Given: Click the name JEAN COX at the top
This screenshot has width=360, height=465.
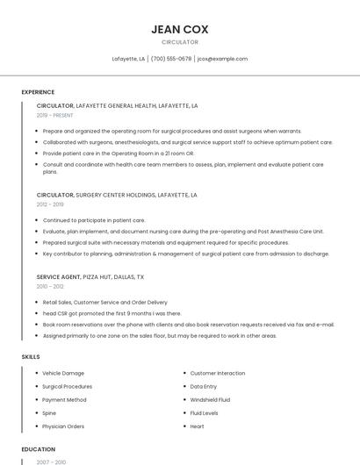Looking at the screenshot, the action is pos(179,29).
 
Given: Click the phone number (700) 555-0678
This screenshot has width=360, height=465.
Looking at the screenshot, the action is pos(170,59).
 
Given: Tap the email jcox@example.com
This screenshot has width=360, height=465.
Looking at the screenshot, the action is pos(222,59).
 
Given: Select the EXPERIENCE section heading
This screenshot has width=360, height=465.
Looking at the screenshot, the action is pos(38,92).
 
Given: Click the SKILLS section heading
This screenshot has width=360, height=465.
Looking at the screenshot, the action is pos(31,357).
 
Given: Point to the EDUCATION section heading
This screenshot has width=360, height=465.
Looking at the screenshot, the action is pos(39,449).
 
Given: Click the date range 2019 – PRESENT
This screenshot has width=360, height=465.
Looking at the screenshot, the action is pos(55,115).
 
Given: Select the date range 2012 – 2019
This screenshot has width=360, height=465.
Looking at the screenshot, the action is pos(50,204).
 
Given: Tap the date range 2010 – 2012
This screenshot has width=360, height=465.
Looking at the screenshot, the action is pos(50,286).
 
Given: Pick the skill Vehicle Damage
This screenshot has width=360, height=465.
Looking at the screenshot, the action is pos(63,373).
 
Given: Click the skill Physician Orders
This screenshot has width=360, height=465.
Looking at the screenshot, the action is pos(63,426).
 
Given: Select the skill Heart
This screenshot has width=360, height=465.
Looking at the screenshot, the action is pos(197,426).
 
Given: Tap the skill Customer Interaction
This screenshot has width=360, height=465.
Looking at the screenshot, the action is pos(218,373).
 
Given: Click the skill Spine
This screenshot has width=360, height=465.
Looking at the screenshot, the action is pos(49,413).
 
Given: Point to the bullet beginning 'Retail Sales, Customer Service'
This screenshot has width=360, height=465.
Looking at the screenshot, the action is pos(104,302).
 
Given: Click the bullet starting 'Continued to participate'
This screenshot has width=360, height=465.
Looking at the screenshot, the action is pos(94,220).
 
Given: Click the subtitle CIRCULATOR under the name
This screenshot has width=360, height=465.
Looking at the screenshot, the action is pos(179,42).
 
